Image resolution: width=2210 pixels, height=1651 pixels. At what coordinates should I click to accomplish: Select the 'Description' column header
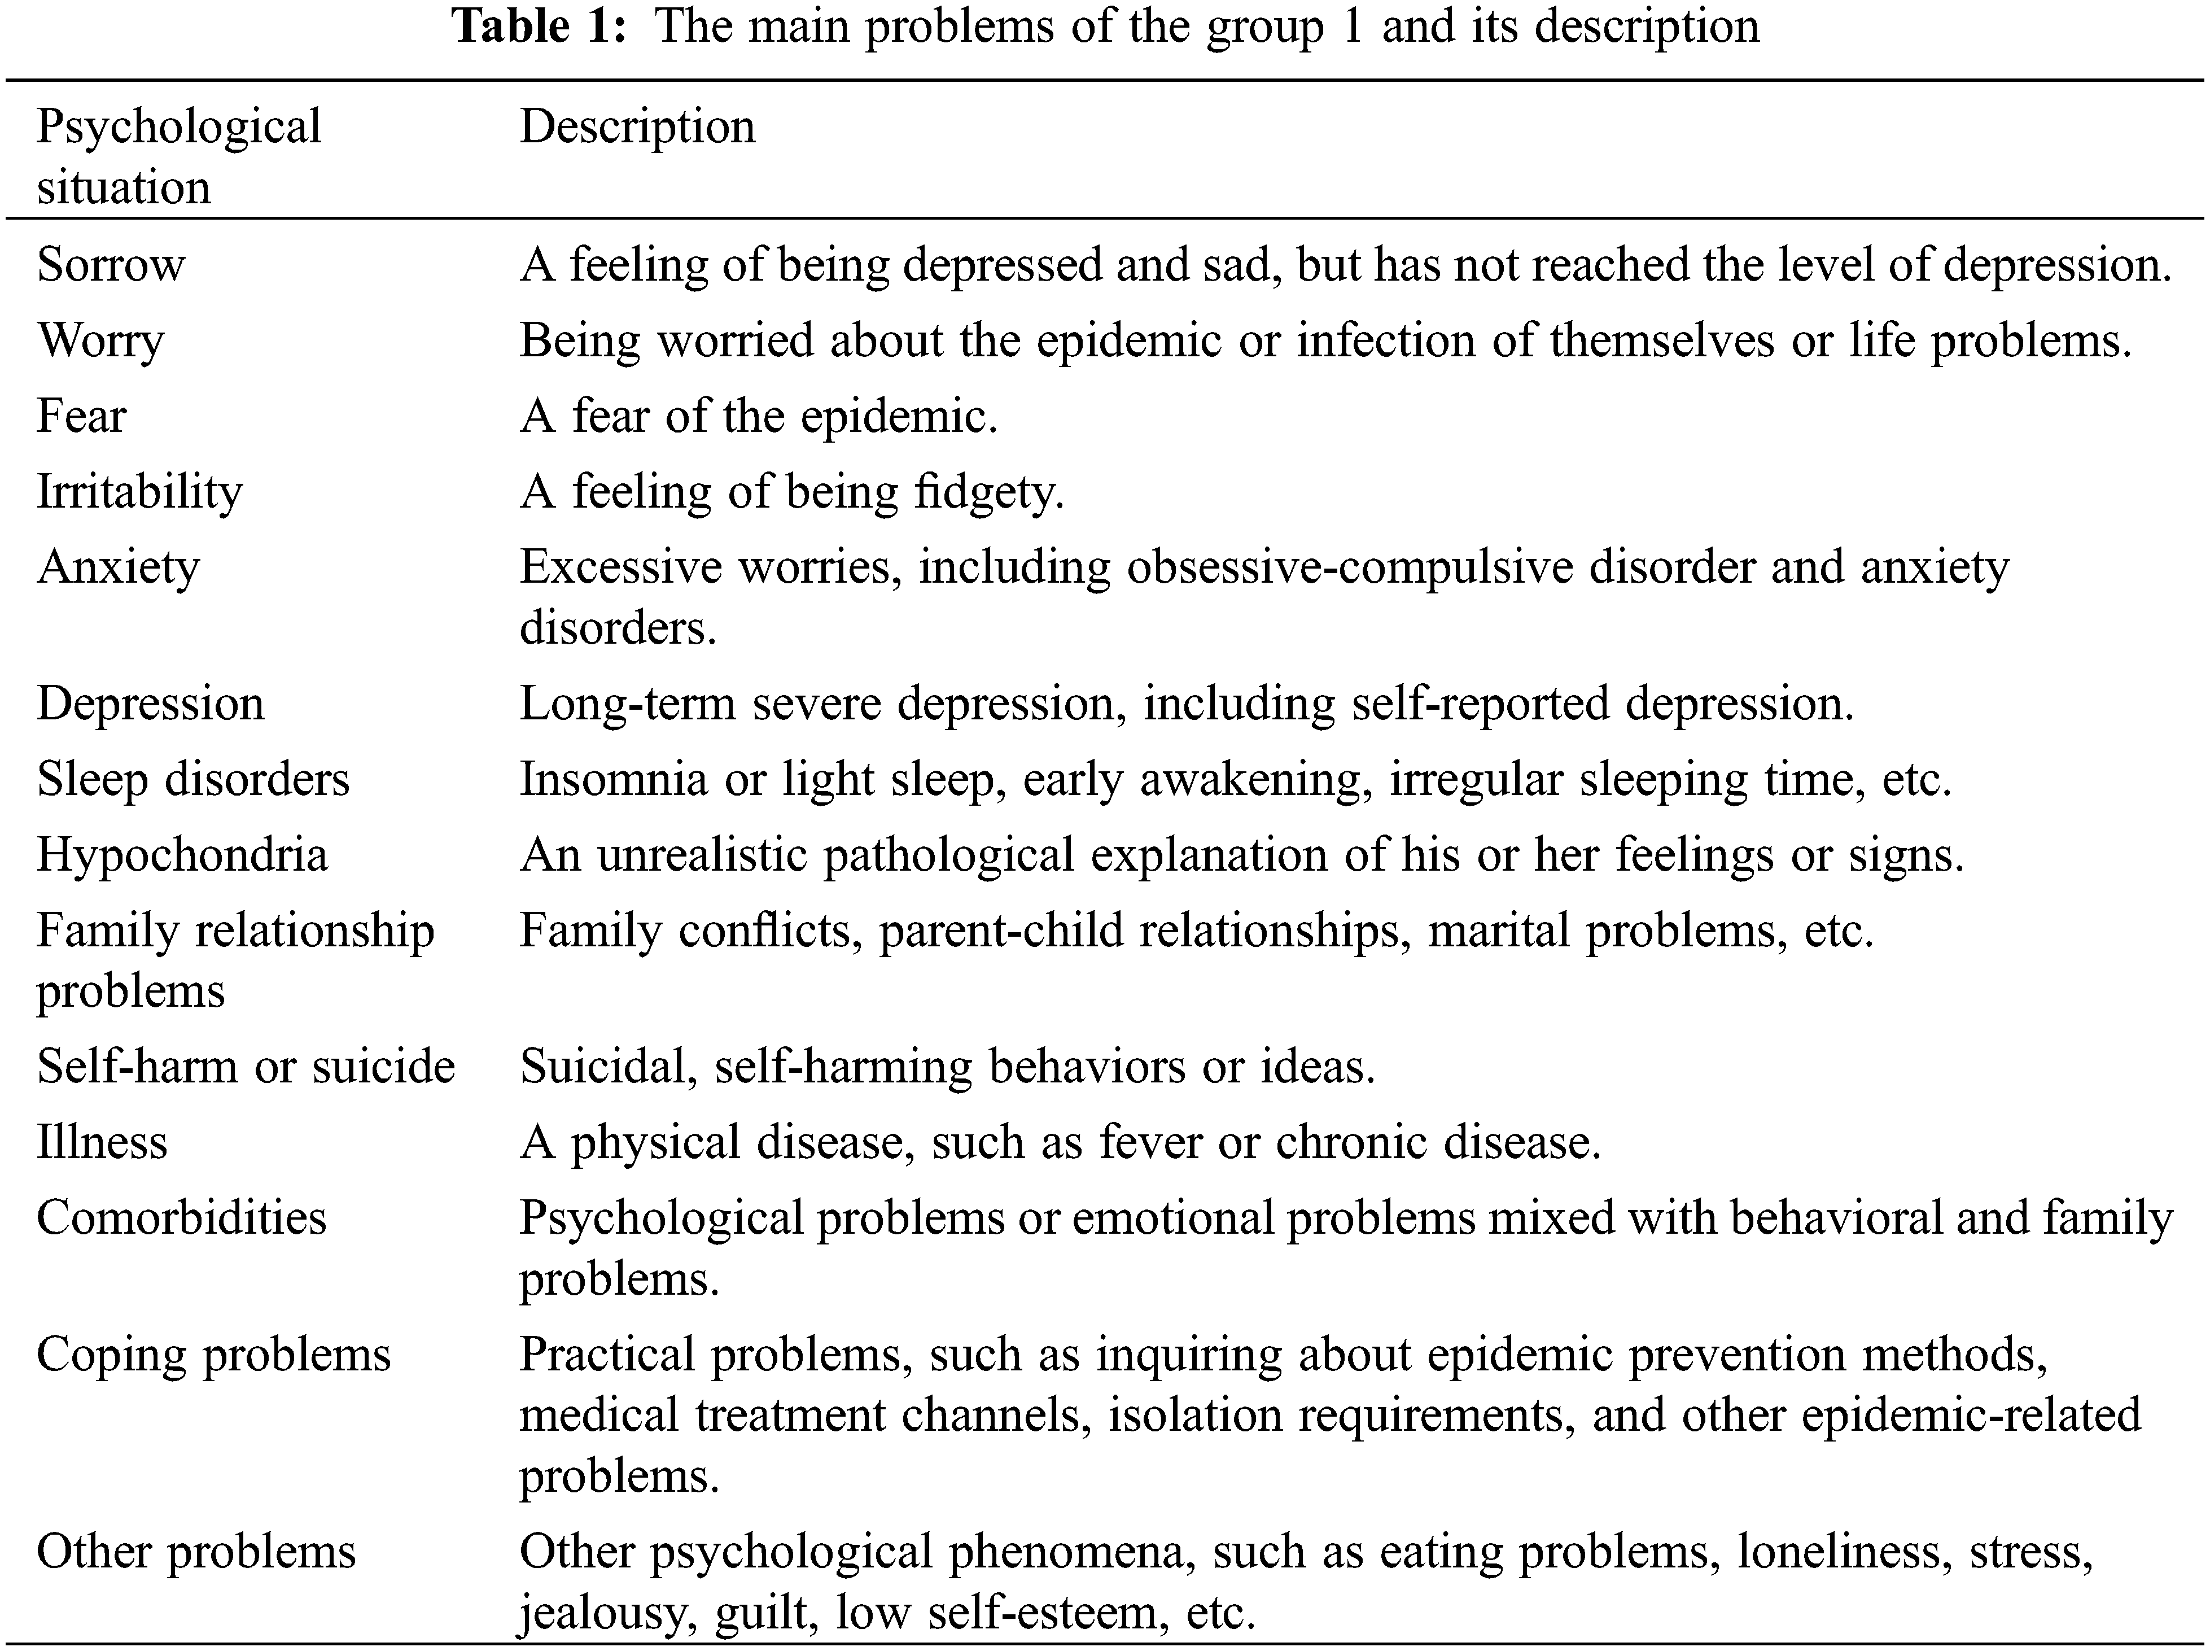pyautogui.click(x=637, y=127)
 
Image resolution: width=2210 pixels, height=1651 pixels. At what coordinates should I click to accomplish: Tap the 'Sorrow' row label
pyautogui.click(x=111, y=265)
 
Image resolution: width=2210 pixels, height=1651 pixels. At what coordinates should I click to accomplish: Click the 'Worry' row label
pyautogui.click(x=101, y=341)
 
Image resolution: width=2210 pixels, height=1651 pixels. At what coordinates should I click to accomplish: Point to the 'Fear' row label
pyautogui.click(x=82, y=416)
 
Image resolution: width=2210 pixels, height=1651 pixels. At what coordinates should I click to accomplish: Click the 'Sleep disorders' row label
pyautogui.click(x=193, y=780)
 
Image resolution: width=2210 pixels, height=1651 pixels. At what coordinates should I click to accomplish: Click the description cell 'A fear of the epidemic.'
pyautogui.click(x=758, y=416)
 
